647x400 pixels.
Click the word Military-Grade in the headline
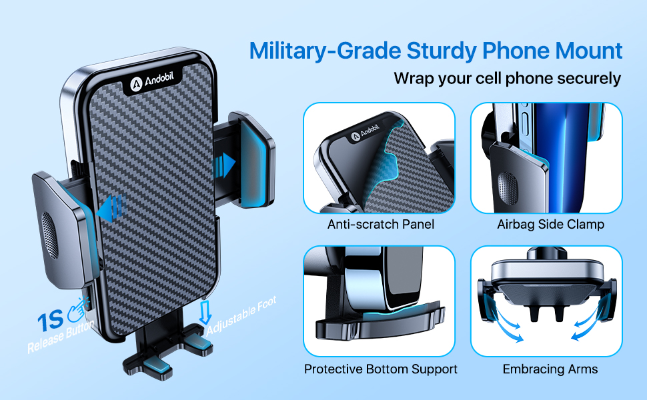click(x=325, y=51)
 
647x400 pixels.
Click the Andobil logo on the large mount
click(x=152, y=81)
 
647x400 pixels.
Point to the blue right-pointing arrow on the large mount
click(x=224, y=165)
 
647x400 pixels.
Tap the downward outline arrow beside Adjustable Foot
click(x=205, y=312)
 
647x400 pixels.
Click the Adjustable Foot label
click(x=242, y=315)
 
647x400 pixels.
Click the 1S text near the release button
click(x=50, y=321)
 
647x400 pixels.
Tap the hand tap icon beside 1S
click(x=79, y=309)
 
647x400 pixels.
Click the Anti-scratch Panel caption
click(x=380, y=224)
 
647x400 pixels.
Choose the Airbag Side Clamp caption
click(x=550, y=224)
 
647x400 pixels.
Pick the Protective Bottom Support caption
click(x=380, y=369)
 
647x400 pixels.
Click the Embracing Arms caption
click(x=550, y=369)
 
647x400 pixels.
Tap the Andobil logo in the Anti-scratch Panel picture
click(x=365, y=133)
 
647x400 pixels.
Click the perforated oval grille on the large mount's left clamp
click(x=49, y=235)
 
